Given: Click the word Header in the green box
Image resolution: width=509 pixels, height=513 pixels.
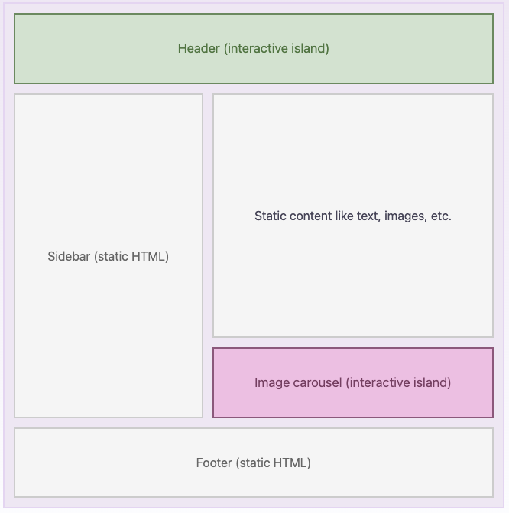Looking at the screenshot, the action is coord(199,49).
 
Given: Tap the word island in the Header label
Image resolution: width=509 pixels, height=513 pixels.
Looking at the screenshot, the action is coord(310,49).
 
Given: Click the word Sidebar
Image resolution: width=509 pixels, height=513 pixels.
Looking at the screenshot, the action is coord(69,257).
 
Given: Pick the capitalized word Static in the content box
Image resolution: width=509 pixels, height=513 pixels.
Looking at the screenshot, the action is coord(271,216).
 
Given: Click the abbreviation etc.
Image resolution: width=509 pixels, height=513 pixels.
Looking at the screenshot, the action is coord(441,216).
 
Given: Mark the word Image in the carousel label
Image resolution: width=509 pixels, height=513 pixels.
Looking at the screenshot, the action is coord(272,383).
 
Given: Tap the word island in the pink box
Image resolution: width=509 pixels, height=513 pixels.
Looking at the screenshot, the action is coord(432,383).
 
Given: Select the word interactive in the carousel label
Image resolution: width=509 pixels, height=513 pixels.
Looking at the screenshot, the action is coord(380,383).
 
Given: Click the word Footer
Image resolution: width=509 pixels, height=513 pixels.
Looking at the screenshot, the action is coord(214,463).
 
